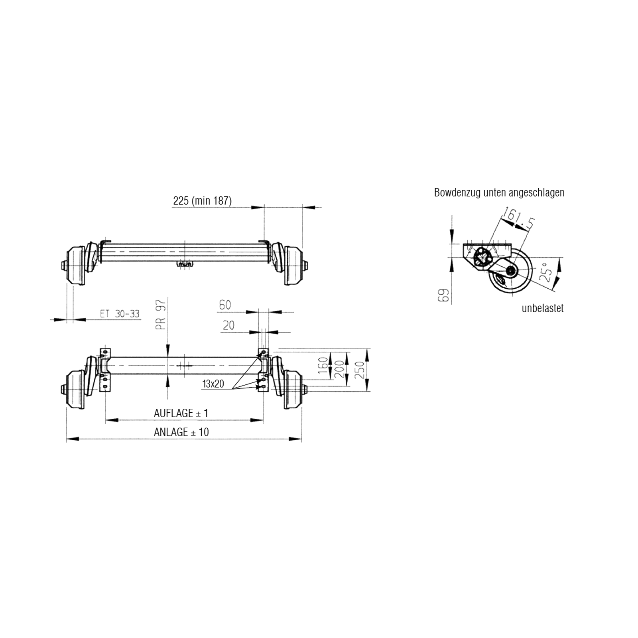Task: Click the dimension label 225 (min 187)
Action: click(202, 201)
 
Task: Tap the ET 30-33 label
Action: click(120, 314)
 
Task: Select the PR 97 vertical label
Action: click(161, 315)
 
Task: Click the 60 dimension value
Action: click(225, 305)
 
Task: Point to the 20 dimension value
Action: click(228, 326)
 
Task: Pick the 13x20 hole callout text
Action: click(213, 384)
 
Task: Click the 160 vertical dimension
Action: click(323, 365)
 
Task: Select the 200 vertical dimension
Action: click(339, 369)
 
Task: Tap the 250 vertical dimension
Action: click(359, 370)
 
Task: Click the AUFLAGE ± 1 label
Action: click(181, 413)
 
